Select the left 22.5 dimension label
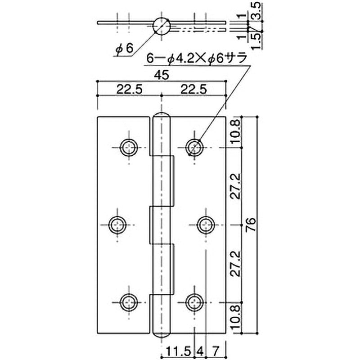(130, 90)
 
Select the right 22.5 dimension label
(193, 90)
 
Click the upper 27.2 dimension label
(235, 185)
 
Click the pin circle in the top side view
(161, 26)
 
